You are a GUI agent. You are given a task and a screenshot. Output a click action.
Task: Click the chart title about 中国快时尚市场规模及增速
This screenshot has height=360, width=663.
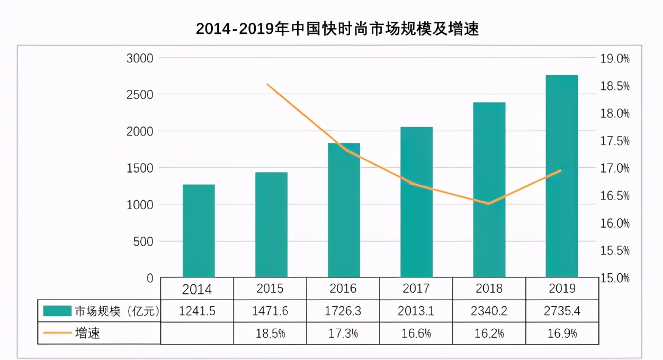[337, 29]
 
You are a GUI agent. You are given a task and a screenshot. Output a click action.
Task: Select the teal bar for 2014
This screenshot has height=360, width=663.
[199, 231]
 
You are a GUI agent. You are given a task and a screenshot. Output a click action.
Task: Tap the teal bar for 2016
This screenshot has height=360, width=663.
[344, 210]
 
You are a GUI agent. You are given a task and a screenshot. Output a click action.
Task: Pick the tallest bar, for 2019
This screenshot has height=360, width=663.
[562, 176]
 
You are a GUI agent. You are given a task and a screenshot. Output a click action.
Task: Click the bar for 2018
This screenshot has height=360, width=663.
[489, 190]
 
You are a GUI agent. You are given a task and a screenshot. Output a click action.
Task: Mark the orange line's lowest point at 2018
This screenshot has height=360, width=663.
[489, 203]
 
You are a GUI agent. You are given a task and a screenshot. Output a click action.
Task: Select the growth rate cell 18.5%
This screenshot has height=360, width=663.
[270, 334]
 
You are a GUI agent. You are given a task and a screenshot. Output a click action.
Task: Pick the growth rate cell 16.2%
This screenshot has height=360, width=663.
[489, 334]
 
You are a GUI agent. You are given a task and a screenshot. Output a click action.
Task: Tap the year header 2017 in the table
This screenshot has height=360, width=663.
[416, 289]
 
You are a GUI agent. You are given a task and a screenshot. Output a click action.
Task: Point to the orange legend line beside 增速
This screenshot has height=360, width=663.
[57, 334]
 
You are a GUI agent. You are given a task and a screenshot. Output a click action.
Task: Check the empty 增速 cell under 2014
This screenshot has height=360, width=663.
[197, 334]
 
